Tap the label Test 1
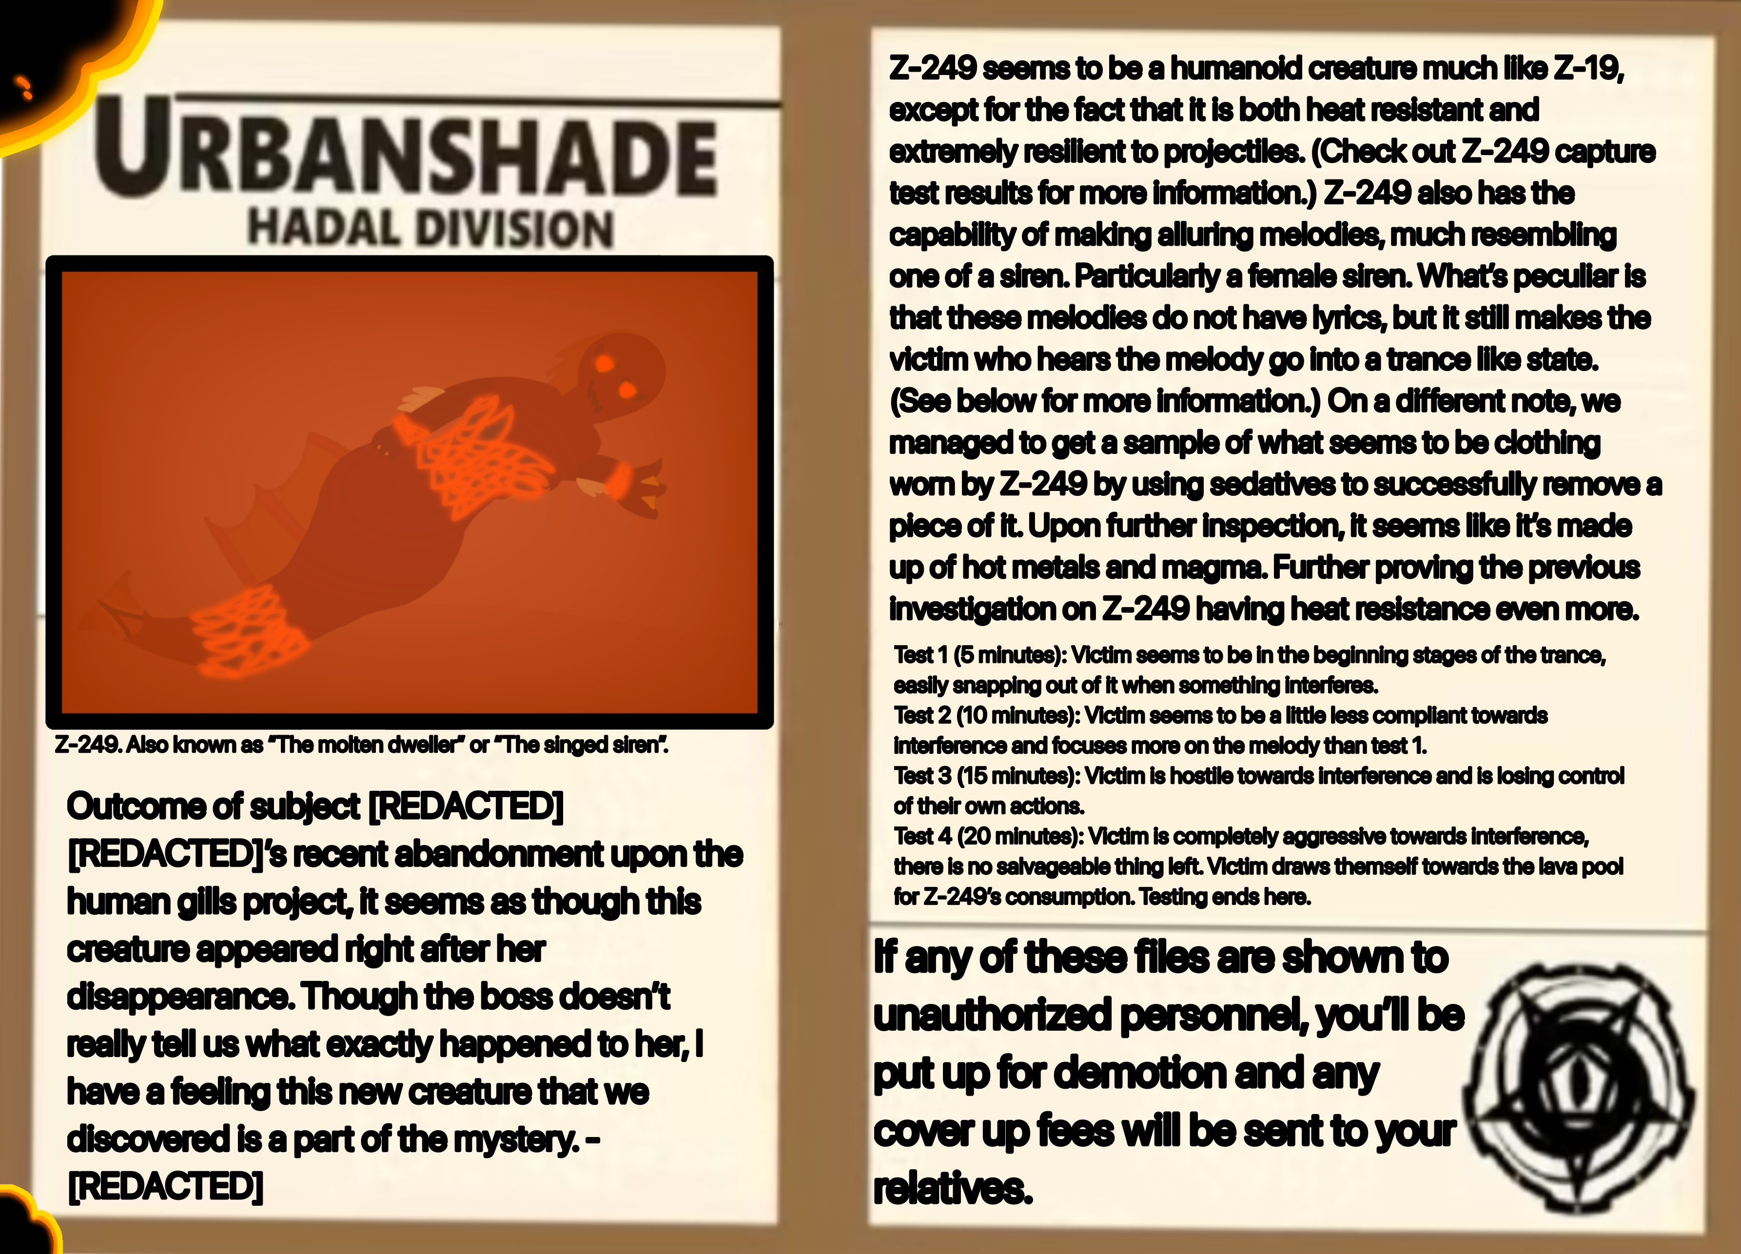[x=921, y=655]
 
